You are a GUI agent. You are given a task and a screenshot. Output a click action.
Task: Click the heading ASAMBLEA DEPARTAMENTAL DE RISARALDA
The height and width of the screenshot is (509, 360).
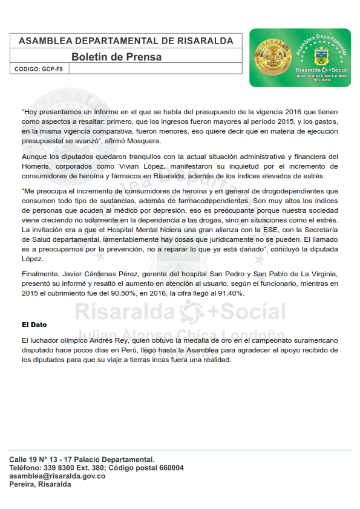click(126, 41)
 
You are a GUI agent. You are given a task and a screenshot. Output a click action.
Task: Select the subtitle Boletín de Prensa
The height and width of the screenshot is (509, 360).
click(116, 57)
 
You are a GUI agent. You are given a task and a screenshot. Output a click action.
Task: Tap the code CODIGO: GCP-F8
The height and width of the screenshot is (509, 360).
click(39, 69)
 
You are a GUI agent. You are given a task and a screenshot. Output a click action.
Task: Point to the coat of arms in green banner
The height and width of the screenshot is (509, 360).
click(321, 59)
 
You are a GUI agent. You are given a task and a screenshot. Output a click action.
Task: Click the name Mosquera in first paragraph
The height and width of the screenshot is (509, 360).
click(145, 141)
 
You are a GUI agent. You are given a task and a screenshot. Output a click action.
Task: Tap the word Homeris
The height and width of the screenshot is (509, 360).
click(36, 166)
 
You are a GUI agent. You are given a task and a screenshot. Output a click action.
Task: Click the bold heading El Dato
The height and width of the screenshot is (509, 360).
click(34, 325)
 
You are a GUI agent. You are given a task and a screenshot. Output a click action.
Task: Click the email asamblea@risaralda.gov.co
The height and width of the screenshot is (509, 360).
click(57, 476)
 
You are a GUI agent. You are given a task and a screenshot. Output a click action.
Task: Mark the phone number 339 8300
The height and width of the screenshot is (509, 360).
click(57, 468)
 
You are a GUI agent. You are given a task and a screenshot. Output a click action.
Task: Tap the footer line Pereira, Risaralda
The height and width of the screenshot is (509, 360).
click(40, 485)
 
